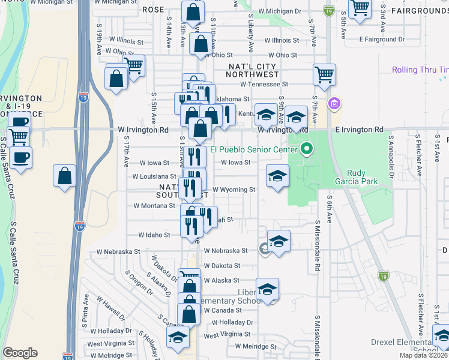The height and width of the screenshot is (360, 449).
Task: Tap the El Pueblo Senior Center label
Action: click(x=253, y=150)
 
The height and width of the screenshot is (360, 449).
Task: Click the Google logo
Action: click(x=20, y=353)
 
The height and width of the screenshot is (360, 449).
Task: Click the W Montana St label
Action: click(x=154, y=205)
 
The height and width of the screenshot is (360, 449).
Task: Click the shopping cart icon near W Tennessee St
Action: click(x=324, y=75)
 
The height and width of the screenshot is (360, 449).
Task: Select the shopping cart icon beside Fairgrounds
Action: click(x=360, y=9)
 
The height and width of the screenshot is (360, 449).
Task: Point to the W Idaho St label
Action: click(x=154, y=235)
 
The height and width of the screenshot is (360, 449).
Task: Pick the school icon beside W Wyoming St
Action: click(x=277, y=176)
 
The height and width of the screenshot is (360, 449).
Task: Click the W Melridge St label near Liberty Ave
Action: click(x=255, y=346)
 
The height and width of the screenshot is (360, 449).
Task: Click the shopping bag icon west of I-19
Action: click(x=65, y=176)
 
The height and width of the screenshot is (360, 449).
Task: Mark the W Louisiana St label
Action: click(x=154, y=176)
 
